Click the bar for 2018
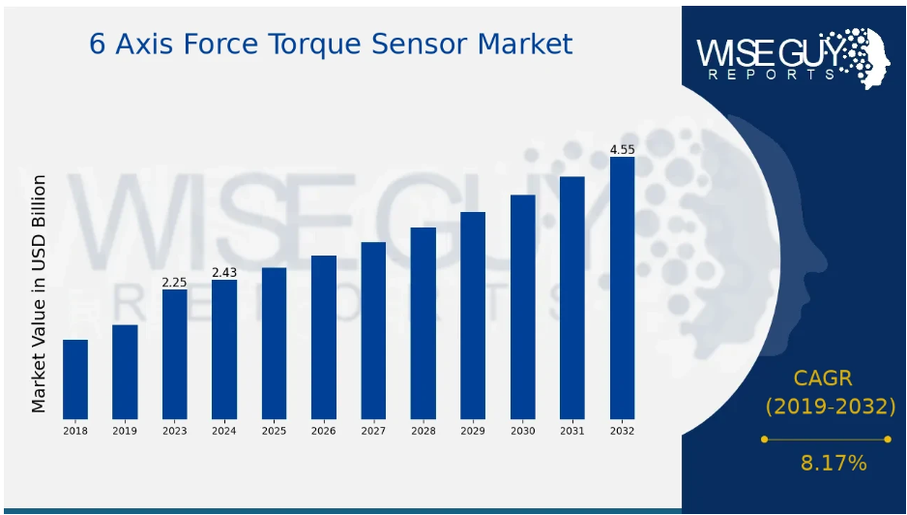[x=75, y=379]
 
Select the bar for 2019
[x=125, y=372]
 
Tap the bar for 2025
[x=274, y=344]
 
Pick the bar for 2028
[x=423, y=323]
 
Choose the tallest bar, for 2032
[x=622, y=288]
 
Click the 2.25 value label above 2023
[x=174, y=283]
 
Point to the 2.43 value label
[x=224, y=273]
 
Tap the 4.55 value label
[x=622, y=150]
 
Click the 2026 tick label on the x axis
[x=323, y=431]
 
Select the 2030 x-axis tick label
[x=522, y=431]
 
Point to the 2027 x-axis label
[x=373, y=431]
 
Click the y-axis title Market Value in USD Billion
[x=38, y=294]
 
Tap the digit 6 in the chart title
[x=97, y=45]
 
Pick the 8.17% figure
[x=834, y=463]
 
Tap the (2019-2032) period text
[x=830, y=407]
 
